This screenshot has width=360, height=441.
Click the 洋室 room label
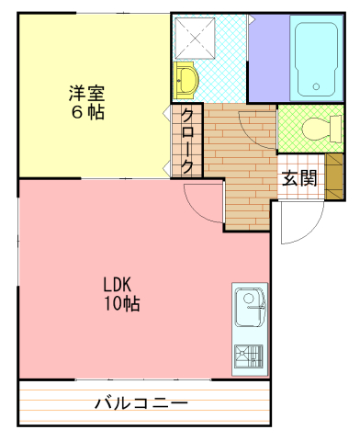86,93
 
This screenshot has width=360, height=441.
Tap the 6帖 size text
88,112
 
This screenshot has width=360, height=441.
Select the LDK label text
117,285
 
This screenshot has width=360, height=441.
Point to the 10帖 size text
122,303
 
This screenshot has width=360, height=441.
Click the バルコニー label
141,403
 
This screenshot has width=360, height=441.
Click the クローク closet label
187,141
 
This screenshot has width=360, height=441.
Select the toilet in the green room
321,129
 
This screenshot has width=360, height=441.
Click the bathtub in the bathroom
316,59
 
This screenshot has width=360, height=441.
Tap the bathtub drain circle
316,86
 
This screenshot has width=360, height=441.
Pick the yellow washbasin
186,80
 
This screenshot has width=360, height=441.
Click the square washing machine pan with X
195,39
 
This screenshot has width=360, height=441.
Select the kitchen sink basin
250,307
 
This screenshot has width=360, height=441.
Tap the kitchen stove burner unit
249,356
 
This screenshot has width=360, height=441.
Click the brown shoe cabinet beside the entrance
334,176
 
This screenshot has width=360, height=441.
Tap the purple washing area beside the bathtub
269,58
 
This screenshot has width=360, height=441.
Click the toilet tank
336,129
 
